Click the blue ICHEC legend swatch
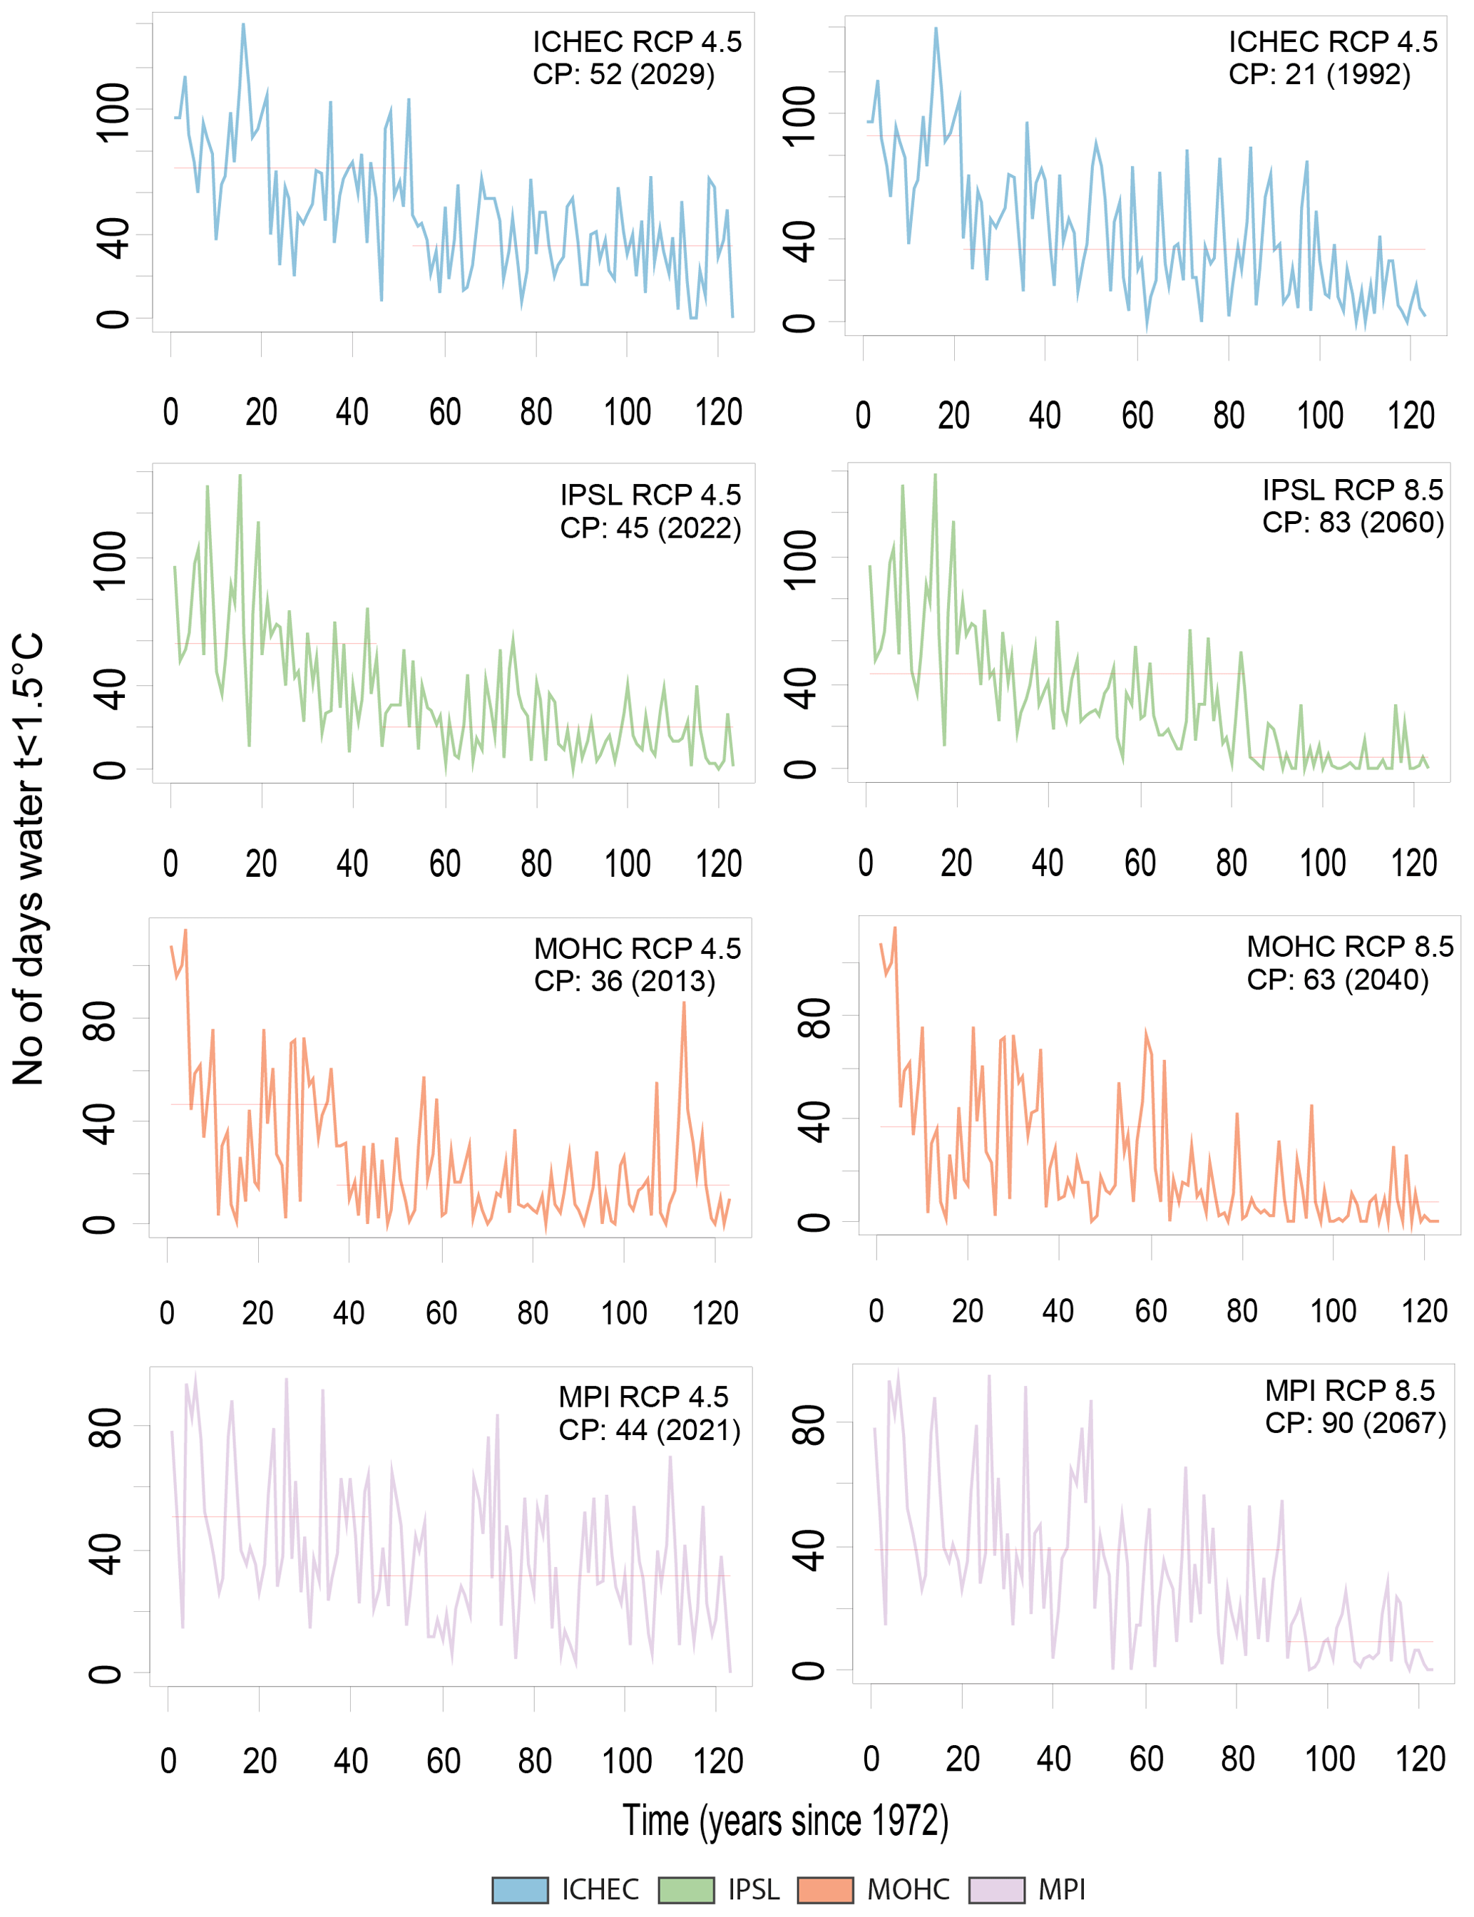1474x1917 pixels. (521, 1890)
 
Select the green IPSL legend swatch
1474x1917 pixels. (686, 1890)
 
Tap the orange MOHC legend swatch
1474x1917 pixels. (825, 1890)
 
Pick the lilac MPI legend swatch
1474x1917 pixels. (997, 1890)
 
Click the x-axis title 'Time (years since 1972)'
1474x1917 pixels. (785, 1821)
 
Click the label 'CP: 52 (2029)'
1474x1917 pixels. (624, 75)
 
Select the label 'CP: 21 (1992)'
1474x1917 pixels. (1319, 75)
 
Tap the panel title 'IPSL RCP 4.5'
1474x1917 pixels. (650, 495)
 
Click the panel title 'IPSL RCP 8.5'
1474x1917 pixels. (1352, 489)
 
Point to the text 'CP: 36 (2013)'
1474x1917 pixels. (625, 980)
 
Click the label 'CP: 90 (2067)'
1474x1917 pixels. (1355, 1423)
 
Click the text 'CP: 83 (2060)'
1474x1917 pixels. (1353, 523)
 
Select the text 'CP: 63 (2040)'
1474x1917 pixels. (1337, 980)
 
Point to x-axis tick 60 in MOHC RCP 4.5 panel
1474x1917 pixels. (441, 1312)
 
